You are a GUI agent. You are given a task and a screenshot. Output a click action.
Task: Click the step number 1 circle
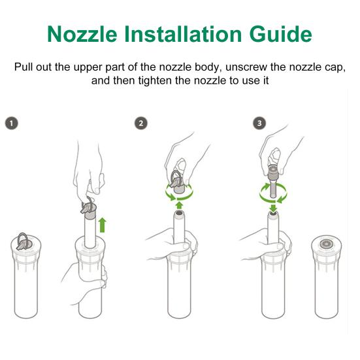tap(11, 123)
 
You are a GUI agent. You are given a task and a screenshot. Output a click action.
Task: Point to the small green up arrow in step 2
tap(178, 205)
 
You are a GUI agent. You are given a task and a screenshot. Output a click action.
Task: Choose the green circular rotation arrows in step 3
tap(272, 193)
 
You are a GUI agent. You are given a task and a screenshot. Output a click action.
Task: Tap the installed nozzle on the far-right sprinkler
tap(328, 243)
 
